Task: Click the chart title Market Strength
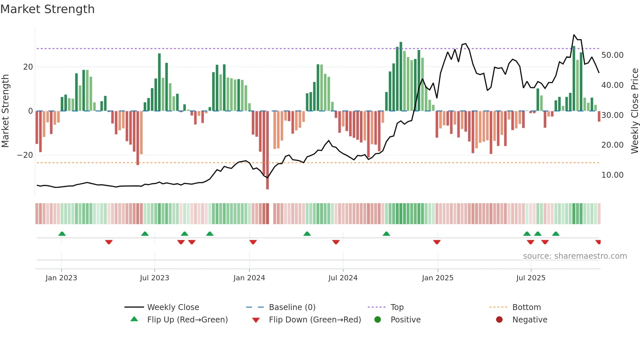pos(47,9)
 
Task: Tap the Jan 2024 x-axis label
pos(249,278)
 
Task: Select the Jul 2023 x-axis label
pos(154,278)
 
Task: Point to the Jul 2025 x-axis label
pos(531,278)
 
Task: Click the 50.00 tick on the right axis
pos(612,55)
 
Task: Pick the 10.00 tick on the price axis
pos(612,175)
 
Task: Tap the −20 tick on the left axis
pos(25,155)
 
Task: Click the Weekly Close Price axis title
pos(634,111)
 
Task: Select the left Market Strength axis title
pos(5,111)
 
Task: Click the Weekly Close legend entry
pos(173,307)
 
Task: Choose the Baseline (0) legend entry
pos(292,307)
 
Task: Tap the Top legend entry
pos(397,307)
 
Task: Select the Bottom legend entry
pos(526,307)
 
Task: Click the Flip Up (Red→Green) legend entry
pos(187,319)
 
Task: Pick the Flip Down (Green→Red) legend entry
pos(315,319)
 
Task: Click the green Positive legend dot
pos(377,319)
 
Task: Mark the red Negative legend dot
pos(499,319)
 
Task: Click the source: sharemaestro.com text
pos(575,256)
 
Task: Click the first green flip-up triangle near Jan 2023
pos(62,234)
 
